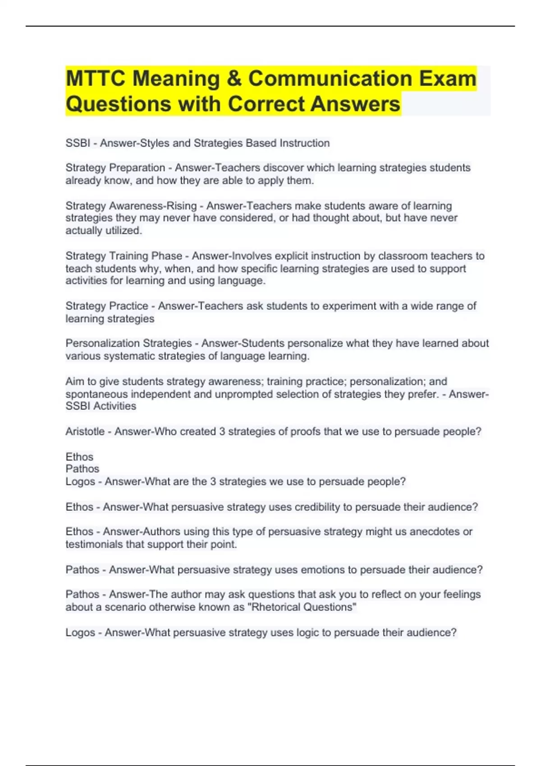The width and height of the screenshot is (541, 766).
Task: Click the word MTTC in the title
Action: coord(95,79)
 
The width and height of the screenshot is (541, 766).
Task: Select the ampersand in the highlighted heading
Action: coord(234,79)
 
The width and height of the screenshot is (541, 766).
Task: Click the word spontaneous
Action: coord(96,394)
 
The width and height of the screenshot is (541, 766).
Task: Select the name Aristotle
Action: coord(85,432)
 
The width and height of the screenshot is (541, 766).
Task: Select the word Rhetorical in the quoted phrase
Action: coord(275,607)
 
